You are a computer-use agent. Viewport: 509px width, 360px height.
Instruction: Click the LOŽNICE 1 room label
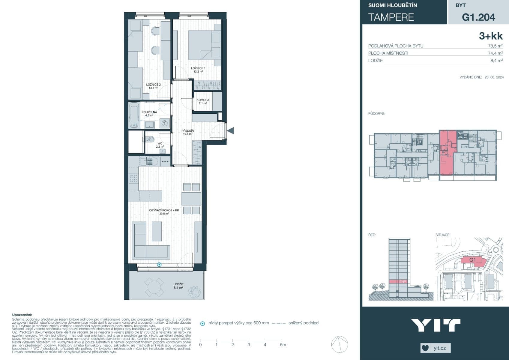click(x=198, y=68)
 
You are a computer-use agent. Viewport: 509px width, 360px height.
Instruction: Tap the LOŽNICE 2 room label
click(x=153, y=85)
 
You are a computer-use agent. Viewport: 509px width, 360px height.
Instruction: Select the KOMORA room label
click(x=203, y=100)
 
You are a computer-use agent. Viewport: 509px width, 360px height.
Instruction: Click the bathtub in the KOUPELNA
click(x=134, y=115)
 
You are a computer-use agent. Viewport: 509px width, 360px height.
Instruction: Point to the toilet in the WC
click(x=151, y=139)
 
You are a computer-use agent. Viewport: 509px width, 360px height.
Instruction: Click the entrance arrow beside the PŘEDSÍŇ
click(x=230, y=130)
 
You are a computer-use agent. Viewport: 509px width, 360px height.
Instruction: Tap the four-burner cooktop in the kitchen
click(x=133, y=179)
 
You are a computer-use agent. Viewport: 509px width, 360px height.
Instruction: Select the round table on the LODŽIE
click(x=154, y=287)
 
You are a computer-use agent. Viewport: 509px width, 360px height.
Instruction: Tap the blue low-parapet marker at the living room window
click(x=159, y=265)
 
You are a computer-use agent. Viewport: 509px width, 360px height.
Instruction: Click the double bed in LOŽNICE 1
click(x=200, y=45)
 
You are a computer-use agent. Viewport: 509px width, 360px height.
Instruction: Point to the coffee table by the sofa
click(x=157, y=231)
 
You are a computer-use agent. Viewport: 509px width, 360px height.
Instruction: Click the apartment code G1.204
click(x=478, y=17)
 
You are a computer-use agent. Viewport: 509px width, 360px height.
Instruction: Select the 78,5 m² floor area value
click(x=495, y=46)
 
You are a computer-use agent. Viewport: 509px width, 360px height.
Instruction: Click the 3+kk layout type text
click(x=491, y=36)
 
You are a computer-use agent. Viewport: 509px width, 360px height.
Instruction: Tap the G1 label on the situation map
click(x=472, y=260)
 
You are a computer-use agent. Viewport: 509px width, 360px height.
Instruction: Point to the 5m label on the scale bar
click(x=283, y=345)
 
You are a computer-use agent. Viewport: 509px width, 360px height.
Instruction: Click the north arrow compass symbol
click(x=340, y=344)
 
